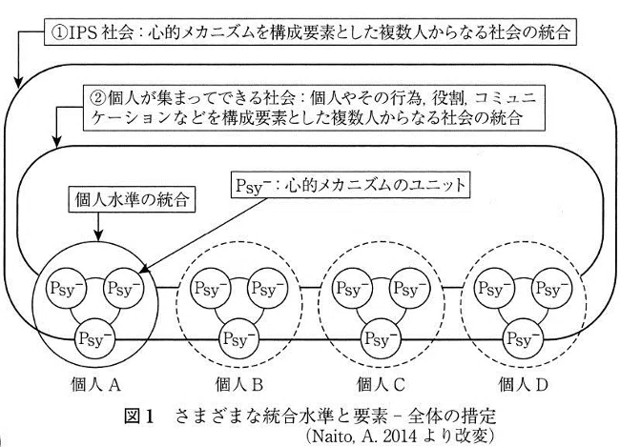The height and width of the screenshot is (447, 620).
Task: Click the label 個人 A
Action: coord(94,384)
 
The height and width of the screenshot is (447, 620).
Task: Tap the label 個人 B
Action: coord(238,384)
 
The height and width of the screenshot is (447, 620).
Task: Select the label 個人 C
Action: coord(381,384)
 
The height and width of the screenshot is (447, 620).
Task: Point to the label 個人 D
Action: coord(523,384)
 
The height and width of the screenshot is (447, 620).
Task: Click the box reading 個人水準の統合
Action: coord(132,200)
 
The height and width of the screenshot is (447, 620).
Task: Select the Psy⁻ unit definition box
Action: coord(350,185)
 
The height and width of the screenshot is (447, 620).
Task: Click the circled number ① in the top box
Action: coord(59,32)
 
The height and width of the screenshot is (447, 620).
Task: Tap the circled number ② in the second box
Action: coord(98,97)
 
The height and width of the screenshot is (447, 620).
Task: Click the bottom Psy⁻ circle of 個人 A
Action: coord(94,338)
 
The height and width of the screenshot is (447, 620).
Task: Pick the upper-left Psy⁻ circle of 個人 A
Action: coord(67,288)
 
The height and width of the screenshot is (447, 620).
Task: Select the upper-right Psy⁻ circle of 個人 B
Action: coord(268,288)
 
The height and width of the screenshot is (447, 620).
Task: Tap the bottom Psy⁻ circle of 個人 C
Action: coord(381,338)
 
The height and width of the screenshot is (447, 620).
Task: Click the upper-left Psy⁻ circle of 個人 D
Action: coord(494,288)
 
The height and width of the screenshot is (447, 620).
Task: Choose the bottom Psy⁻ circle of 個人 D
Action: coord(523,338)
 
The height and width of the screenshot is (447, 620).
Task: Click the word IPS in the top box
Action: coord(83,32)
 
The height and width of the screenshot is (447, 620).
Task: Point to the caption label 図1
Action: coord(138,417)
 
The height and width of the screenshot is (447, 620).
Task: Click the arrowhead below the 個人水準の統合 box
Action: coord(98,235)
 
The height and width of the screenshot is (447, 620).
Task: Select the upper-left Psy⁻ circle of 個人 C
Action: coord(352,288)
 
